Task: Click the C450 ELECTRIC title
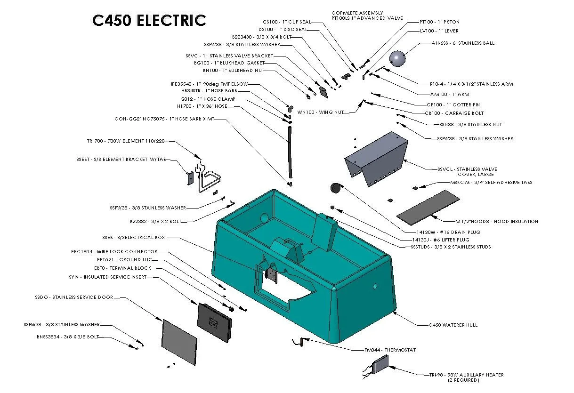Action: pyautogui.click(x=149, y=21)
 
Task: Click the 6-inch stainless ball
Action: pyautogui.click(x=397, y=59)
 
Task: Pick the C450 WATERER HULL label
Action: pyautogui.click(x=453, y=325)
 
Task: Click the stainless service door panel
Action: pyautogui.click(x=179, y=342)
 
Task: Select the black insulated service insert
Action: pyautogui.click(x=215, y=321)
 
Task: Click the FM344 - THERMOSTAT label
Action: pyautogui.click(x=390, y=350)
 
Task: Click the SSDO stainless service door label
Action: pyautogui.click(x=73, y=297)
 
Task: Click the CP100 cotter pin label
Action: pyautogui.click(x=453, y=104)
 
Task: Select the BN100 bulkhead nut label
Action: pyautogui.click(x=234, y=70)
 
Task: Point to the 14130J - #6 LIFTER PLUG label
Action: pyautogui.click(x=440, y=240)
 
